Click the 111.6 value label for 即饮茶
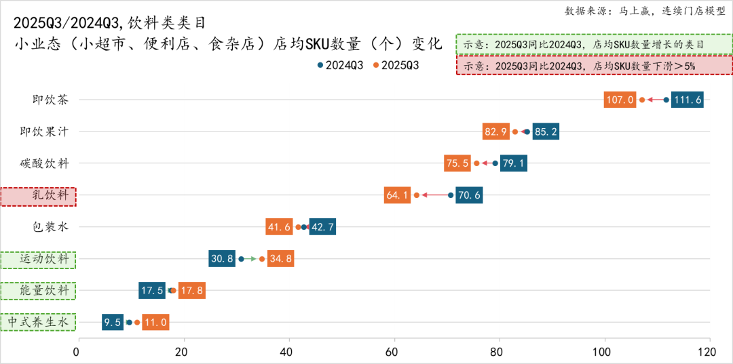[687, 100]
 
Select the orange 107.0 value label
[620, 100]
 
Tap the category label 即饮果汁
[44, 132]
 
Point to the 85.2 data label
[546, 132]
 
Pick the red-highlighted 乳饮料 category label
[39, 196]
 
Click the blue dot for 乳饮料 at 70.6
[451, 195]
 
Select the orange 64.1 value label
[397, 195]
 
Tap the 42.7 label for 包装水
[322, 227]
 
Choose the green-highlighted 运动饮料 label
[39, 259]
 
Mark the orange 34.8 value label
[280, 259]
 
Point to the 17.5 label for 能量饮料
[151, 291]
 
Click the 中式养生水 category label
[39, 323]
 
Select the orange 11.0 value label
[155, 323]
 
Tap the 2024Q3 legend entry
[340, 65]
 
